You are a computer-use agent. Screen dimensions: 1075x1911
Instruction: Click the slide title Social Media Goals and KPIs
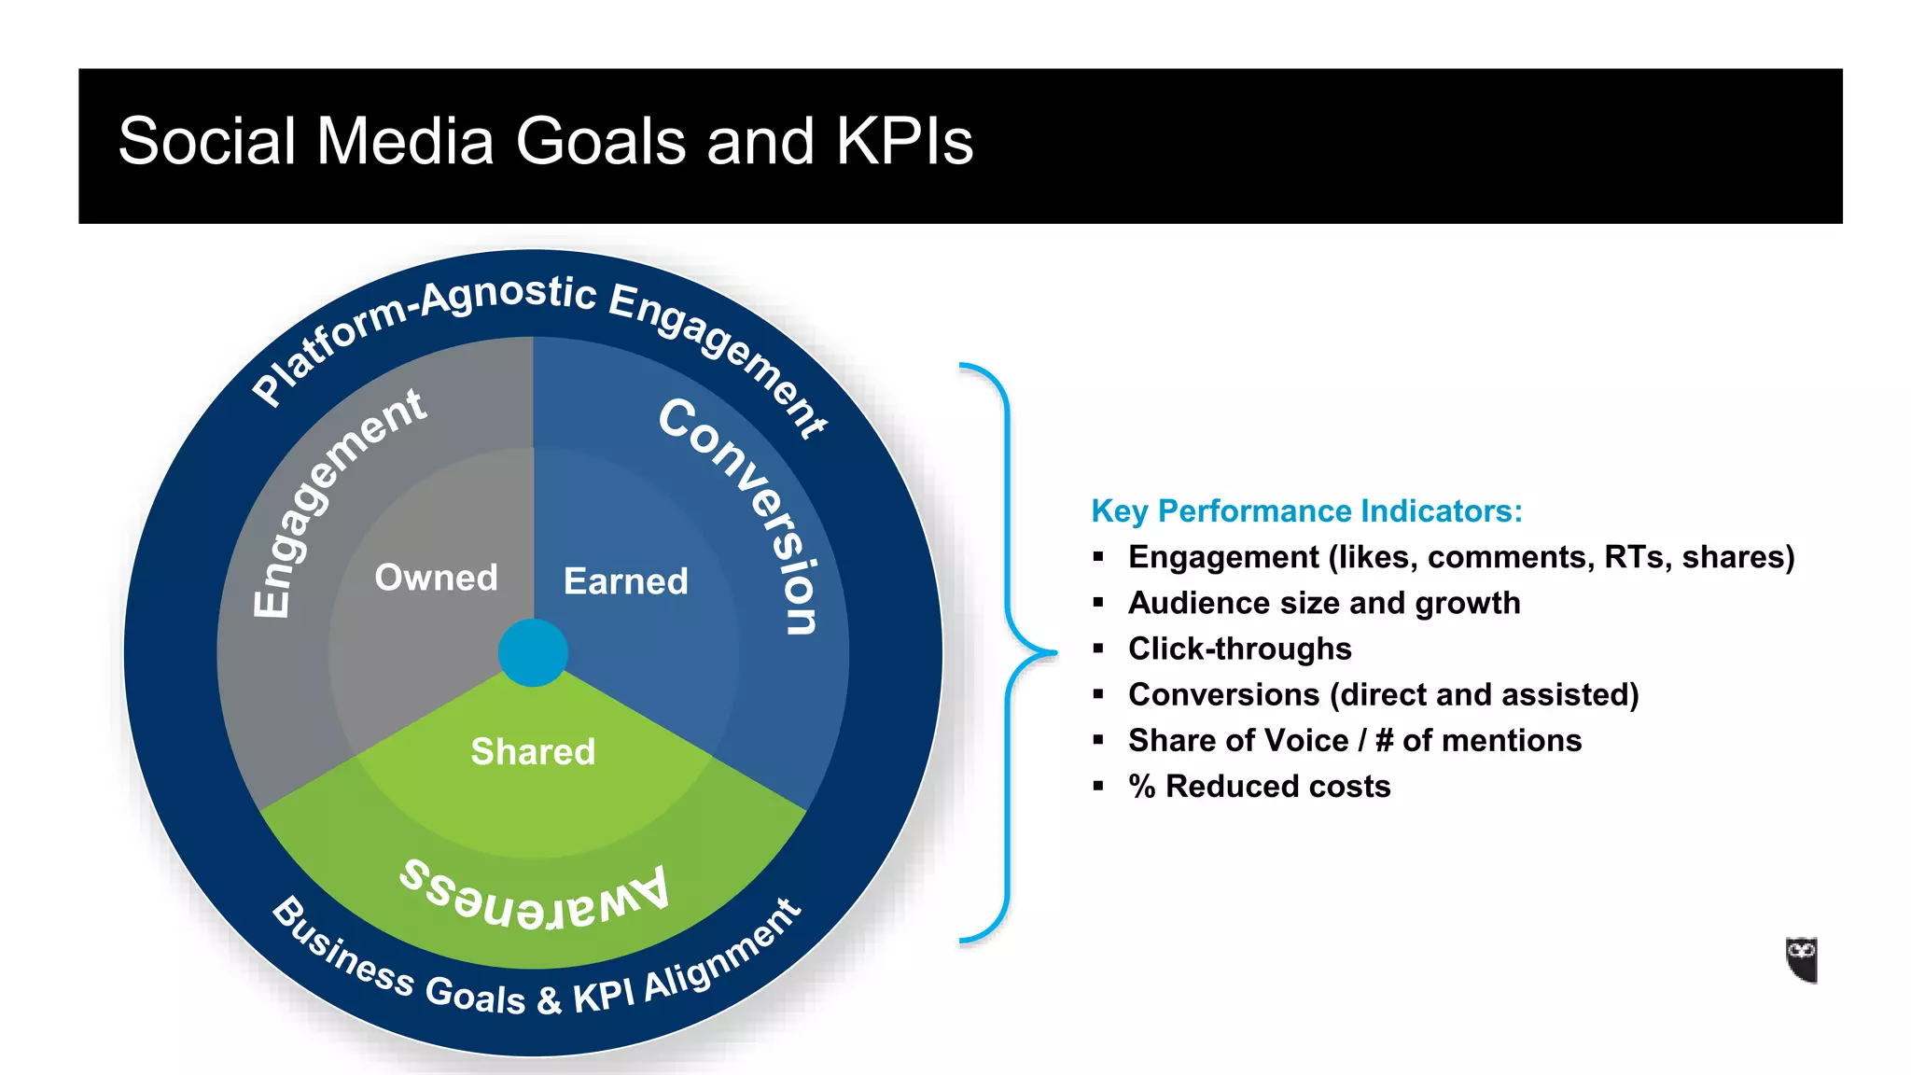point(546,142)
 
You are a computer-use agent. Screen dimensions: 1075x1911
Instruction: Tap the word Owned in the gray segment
point(436,578)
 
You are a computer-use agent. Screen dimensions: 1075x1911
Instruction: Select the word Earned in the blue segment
point(625,581)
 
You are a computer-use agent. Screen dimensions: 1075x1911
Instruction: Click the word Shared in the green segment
point(533,751)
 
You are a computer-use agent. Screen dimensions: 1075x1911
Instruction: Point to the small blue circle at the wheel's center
point(533,652)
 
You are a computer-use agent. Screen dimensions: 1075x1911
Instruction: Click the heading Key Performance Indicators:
point(1306,511)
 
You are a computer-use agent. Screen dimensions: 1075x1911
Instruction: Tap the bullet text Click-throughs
point(1239,649)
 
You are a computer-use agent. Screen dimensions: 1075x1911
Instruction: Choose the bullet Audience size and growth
point(1323,603)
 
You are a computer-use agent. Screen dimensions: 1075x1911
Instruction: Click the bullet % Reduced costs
point(1259,787)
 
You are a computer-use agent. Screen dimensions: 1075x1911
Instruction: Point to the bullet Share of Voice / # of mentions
point(1354,741)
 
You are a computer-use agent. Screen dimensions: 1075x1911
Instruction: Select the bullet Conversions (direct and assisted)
point(1383,694)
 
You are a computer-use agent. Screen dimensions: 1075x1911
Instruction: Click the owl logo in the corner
point(1802,959)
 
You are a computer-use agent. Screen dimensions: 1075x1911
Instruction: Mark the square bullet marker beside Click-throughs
point(1098,649)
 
